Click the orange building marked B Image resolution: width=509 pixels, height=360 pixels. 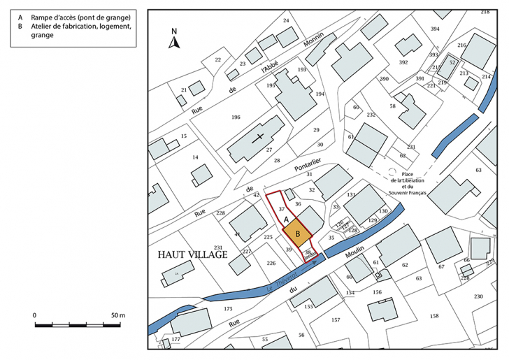coord(297,234)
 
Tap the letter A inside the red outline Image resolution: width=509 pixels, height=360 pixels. coord(287,219)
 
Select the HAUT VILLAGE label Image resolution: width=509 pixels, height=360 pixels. coord(188,256)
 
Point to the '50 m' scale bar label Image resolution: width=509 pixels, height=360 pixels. coord(117,315)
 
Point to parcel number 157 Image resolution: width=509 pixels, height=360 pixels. coord(336,319)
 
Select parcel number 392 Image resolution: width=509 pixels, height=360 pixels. coord(403,62)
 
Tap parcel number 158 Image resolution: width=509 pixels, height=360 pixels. coord(434,316)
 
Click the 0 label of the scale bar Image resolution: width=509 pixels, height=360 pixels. coord(35,315)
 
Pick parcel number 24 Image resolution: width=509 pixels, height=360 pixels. coord(285,21)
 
